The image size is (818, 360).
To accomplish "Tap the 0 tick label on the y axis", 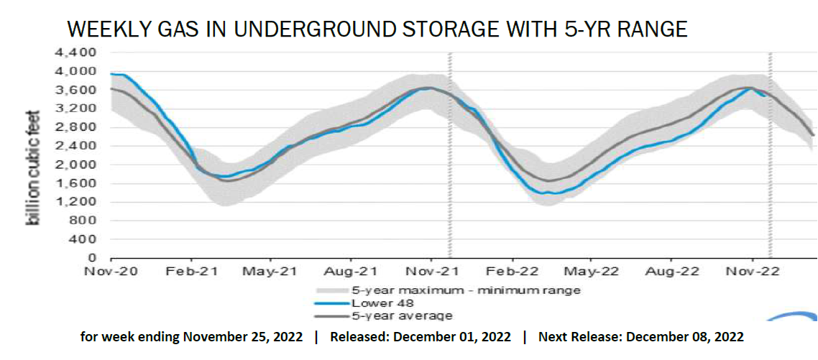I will (92, 257).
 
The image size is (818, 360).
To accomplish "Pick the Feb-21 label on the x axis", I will (190, 272).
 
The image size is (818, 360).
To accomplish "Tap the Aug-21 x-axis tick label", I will (350, 272).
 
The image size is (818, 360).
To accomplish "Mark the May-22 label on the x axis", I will (591, 272).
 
